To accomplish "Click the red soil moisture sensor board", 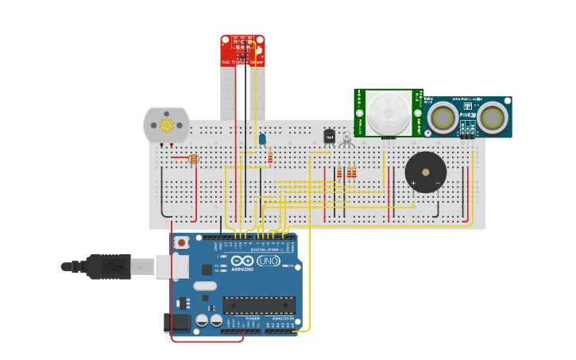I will tap(242, 49).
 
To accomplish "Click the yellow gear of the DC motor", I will tap(167, 125).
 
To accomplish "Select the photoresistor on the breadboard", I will tap(195, 159).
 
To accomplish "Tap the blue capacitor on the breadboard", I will tap(262, 139).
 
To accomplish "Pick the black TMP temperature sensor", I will tap(329, 136).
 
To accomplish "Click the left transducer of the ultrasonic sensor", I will tap(443, 118).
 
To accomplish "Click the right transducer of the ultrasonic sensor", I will tap(492, 118).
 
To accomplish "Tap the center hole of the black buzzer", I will tap(426, 172).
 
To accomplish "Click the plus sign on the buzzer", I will tap(413, 184).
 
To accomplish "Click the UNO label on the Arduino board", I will tap(268, 261).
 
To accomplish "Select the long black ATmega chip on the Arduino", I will tap(259, 305).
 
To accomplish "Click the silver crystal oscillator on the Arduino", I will tap(205, 286).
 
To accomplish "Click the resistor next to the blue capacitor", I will tap(270, 157).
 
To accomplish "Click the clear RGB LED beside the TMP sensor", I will tap(346, 139).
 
